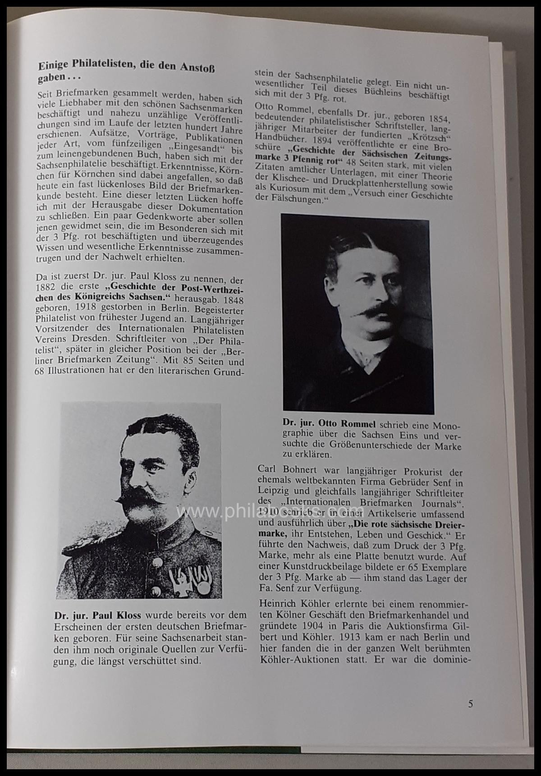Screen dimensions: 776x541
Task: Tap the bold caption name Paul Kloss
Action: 115,615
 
